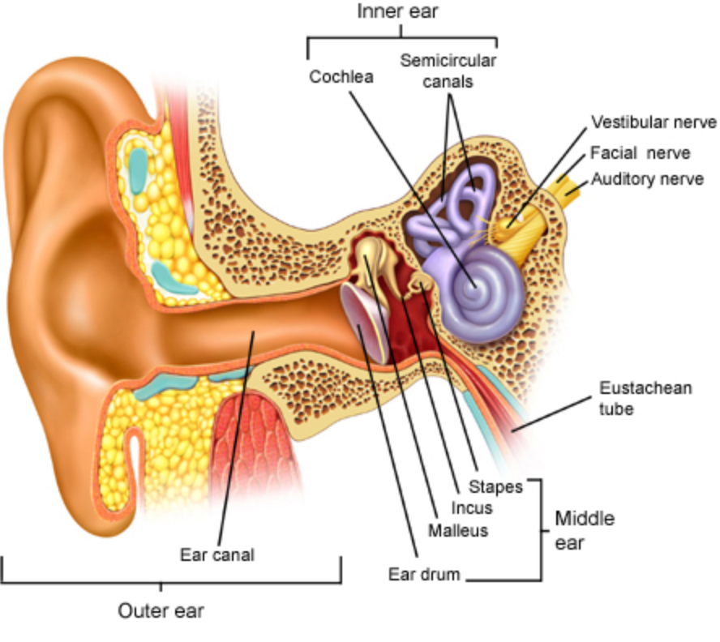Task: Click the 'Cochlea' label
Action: [341, 77]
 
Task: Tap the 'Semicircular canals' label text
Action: [448, 71]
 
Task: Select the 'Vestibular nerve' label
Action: [654, 122]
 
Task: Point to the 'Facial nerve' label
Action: [641, 152]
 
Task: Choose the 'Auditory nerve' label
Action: [647, 178]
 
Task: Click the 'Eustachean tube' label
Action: [645, 398]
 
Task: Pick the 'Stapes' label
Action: [495, 487]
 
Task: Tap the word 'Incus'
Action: [472, 508]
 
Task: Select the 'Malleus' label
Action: [458, 530]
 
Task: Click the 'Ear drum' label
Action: [424, 575]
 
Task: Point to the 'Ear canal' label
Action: [217, 555]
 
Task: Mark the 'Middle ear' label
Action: [584, 530]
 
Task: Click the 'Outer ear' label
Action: [161, 610]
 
